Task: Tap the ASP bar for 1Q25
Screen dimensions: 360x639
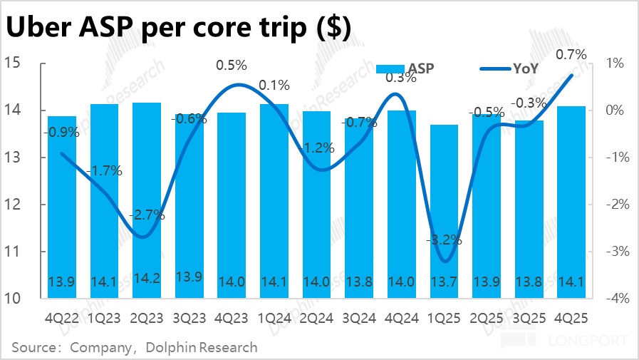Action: point(445,207)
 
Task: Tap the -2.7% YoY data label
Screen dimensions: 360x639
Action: point(146,215)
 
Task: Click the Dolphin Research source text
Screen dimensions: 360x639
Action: point(201,348)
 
